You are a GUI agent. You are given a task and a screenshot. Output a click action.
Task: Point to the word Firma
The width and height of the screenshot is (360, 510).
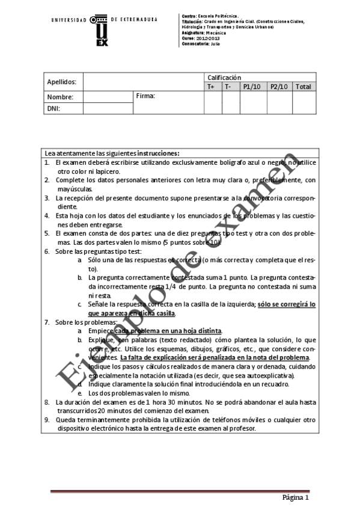click(x=145, y=96)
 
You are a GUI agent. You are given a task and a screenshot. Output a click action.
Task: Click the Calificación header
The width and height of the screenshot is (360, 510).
click(x=224, y=78)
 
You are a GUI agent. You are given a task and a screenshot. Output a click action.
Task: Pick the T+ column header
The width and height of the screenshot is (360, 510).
click(x=211, y=87)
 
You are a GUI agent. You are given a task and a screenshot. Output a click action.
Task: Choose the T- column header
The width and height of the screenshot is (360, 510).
click(x=228, y=87)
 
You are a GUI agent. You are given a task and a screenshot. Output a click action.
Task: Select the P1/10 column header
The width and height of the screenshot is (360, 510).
click(x=252, y=87)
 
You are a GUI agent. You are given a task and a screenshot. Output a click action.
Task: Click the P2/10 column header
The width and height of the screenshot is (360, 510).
click(x=279, y=87)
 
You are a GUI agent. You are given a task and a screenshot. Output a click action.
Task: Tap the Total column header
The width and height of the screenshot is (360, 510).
click(x=303, y=87)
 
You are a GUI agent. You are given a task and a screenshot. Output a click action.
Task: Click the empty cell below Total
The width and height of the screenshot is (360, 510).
click(x=303, y=102)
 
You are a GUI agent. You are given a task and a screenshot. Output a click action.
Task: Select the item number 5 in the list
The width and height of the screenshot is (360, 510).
click(x=47, y=232)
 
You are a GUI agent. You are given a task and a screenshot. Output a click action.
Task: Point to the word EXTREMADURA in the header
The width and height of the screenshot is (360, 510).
click(x=138, y=19)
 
